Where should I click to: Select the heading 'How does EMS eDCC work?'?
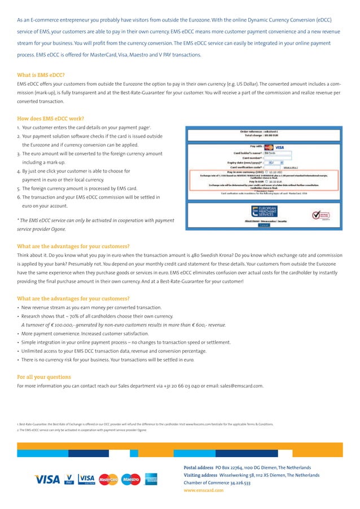pyautogui.click(x=51, y=119)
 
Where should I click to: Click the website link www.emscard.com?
pyautogui.click(x=204, y=490)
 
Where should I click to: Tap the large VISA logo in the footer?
pyautogui.click(x=47, y=479)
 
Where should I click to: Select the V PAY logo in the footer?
pyautogui.click(x=69, y=479)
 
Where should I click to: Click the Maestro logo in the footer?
pyautogui.click(x=130, y=479)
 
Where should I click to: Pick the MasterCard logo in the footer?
pyautogui.click(x=108, y=479)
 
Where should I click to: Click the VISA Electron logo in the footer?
pyautogui.click(x=87, y=479)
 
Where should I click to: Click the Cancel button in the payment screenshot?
pyautogui.click(x=264, y=226)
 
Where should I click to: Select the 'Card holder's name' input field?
pyautogui.click(x=277, y=152)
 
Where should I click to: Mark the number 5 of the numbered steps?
pyautogui.click(x=19, y=188)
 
